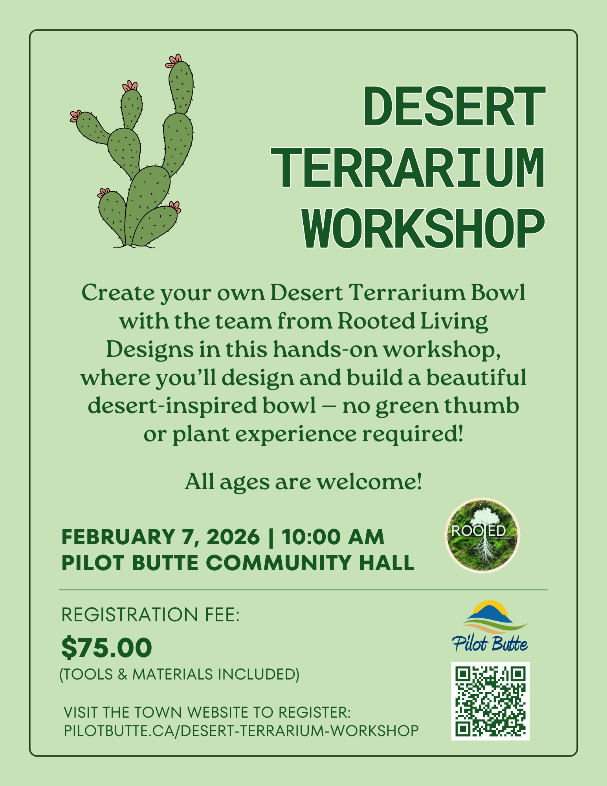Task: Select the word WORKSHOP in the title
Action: (424, 229)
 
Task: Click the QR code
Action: (490, 701)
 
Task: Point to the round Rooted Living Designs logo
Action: (482, 536)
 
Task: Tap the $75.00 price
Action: (106, 648)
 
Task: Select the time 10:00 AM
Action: (333, 537)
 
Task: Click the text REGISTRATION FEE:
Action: (150, 615)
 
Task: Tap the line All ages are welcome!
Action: (303, 481)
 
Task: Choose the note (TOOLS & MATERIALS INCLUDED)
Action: (180, 674)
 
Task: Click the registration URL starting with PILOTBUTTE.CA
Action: (241, 731)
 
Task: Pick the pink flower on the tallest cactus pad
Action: (174, 61)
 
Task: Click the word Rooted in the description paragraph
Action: (376, 321)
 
